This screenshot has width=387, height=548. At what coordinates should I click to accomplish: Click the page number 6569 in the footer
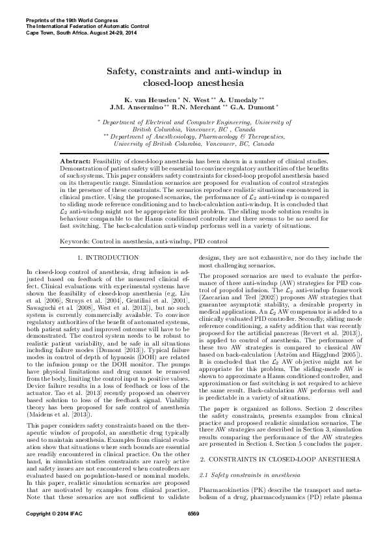coord(193,532)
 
